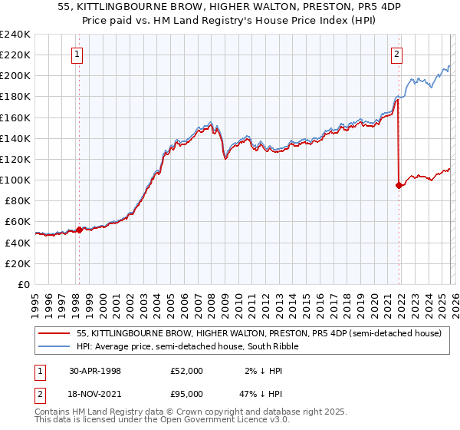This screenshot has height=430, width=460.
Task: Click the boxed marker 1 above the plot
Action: pyautogui.click(x=79, y=54)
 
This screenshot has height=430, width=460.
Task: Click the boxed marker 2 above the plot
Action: pyautogui.click(x=396, y=54)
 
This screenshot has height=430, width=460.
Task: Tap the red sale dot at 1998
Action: pyautogui.click(x=79, y=230)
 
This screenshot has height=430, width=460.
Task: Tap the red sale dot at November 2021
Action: pyautogui.click(x=399, y=185)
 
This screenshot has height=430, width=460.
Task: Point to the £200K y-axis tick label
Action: pyautogui.click(x=15, y=75)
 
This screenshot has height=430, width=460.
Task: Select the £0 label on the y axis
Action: pyautogui.click(x=23, y=284)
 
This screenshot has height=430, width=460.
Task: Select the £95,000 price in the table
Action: pyautogui.click(x=187, y=395)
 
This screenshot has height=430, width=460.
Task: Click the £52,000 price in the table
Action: pyautogui.click(x=187, y=371)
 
